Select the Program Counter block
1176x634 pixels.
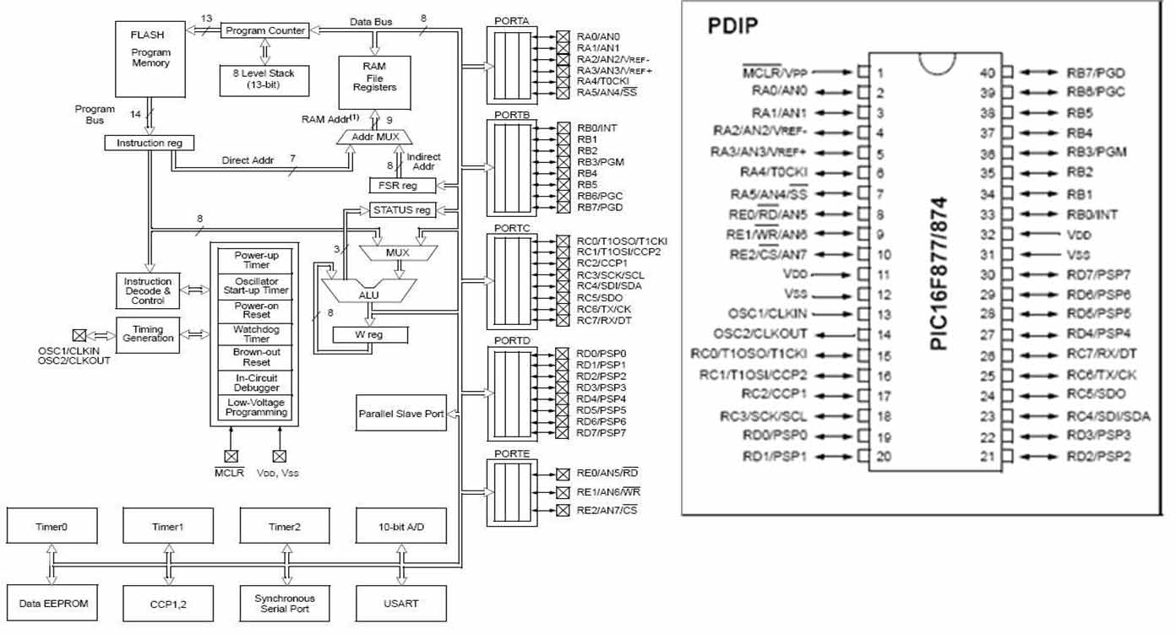pyautogui.click(x=264, y=30)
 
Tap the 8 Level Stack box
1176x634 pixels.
pyautogui.click(x=264, y=79)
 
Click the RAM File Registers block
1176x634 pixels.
pyautogui.click(x=374, y=81)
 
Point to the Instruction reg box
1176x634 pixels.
pyautogui.click(x=149, y=143)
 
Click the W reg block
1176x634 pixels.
pyautogui.click(x=369, y=335)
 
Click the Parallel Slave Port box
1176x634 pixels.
pyautogui.click(x=401, y=414)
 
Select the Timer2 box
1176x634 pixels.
pyautogui.click(x=285, y=527)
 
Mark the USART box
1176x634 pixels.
pyautogui.click(x=401, y=603)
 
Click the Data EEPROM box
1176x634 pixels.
pyautogui.click(x=52, y=603)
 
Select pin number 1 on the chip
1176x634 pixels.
pyautogui.click(x=879, y=73)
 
